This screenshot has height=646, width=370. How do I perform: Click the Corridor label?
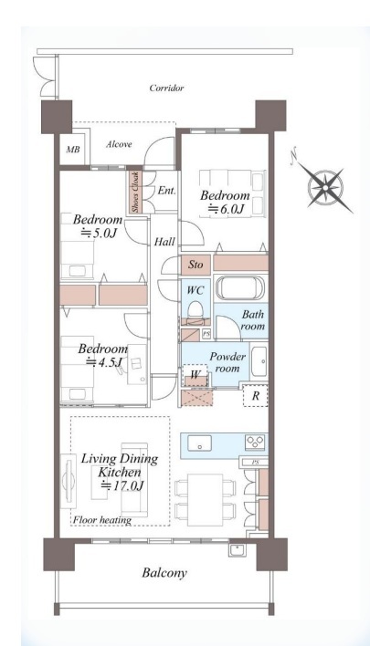tap(166, 88)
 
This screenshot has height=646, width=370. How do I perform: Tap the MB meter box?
tap(73, 149)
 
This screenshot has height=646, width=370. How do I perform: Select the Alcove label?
tap(119, 144)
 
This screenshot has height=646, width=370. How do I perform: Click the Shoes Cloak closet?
tap(134, 192)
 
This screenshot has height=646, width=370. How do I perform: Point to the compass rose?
tap(326, 188)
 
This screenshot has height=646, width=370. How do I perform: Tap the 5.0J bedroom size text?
tap(98, 234)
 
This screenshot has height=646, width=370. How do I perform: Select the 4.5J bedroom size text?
tap(104, 362)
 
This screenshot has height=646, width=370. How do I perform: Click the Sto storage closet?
tap(196, 264)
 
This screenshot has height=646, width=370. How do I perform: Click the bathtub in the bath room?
tap(239, 288)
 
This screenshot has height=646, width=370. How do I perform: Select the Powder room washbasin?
tap(259, 361)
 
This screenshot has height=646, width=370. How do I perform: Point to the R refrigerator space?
tap(255, 396)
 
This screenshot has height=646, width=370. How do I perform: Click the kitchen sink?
tap(200, 443)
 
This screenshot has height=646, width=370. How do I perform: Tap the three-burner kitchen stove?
tap(255, 443)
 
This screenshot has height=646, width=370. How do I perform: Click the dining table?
tap(205, 500)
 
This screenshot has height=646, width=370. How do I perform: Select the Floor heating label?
tap(102, 520)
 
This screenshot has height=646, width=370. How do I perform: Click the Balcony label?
tap(164, 573)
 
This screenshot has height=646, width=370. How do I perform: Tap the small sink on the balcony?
tap(238, 550)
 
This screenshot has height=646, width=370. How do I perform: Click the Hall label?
tap(164, 242)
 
